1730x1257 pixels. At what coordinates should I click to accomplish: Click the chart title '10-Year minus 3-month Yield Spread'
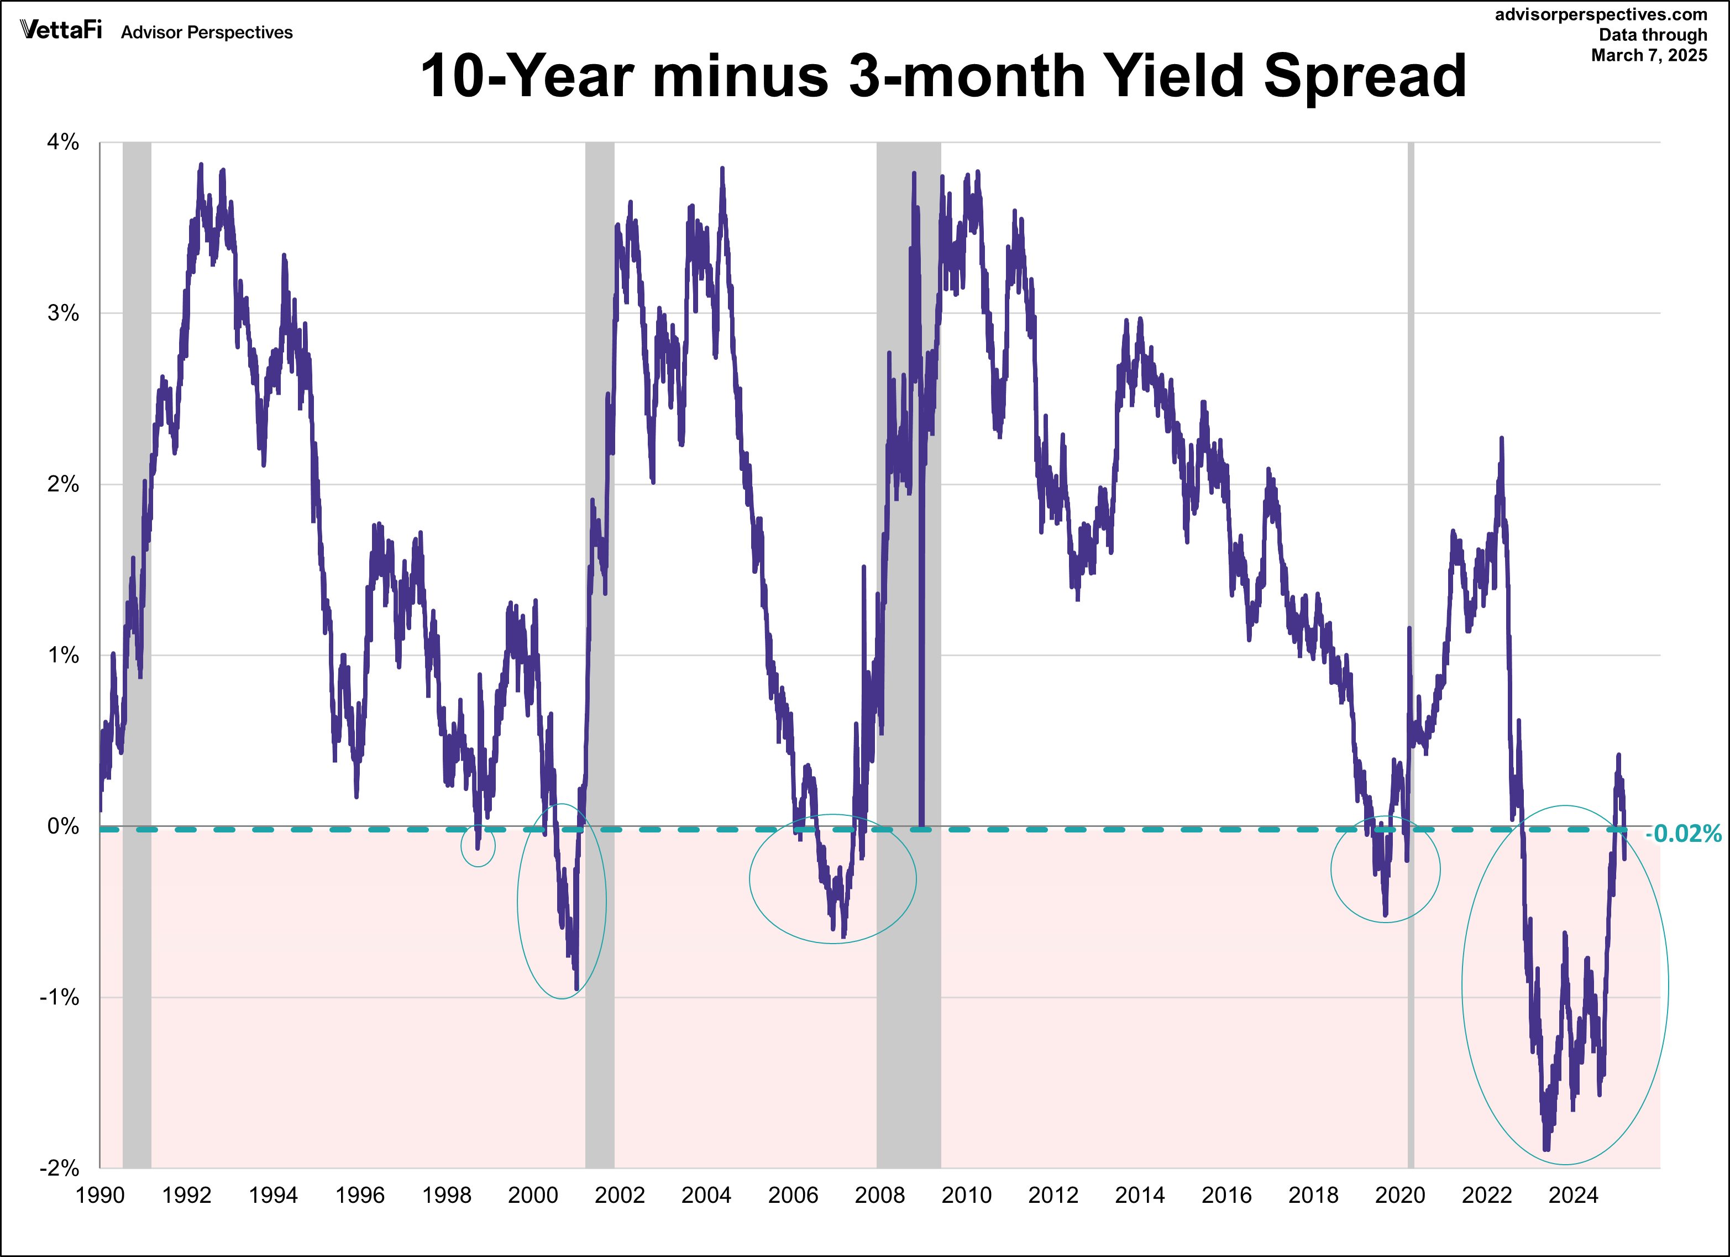[943, 76]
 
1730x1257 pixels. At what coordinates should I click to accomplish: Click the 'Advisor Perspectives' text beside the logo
[207, 33]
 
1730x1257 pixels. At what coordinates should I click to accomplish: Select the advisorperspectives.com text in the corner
[1600, 14]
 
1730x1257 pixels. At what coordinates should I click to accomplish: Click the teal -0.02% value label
[1682, 834]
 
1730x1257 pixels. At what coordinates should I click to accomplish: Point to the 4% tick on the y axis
[64, 142]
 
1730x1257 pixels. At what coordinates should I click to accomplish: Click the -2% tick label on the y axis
[60, 1168]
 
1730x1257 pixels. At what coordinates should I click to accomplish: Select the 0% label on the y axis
[64, 826]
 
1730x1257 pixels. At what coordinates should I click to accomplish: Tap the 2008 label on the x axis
[879, 1195]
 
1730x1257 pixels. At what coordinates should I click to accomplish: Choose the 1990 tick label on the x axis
[100, 1195]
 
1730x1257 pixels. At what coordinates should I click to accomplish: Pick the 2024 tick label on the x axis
[1573, 1195]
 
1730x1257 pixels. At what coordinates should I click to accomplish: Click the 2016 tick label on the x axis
[1226, 1195]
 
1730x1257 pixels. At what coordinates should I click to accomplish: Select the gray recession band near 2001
[600, 610]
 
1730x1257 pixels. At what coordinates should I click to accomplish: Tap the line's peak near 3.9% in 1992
[201, 164]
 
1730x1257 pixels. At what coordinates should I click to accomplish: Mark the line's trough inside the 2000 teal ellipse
[576, 988]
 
